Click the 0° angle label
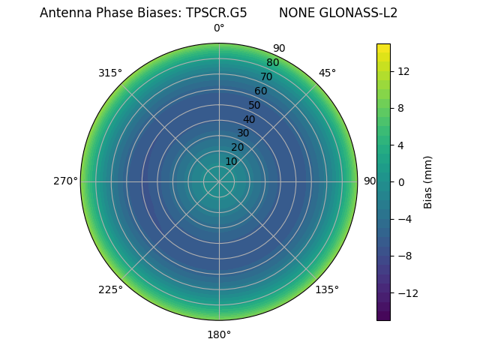click(x=219, y=28)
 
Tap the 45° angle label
click(x=327, y=73)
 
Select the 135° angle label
click(x=327, y=289)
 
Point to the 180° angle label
click(x=219, y=334)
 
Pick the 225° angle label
click(x=110, y=289)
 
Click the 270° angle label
click(x=65, y=181)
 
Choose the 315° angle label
click(x=110, y=73)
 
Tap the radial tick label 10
click(x=231, y=161)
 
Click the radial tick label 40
click(x=249, y=119)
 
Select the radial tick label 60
click(x=260, y=91)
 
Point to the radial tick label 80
click(x=272, y=63)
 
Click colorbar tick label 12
click(x=403, y=71)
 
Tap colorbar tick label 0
click(x=401, y=181)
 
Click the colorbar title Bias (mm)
click(x=428, y=181)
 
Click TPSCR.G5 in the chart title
click(x=216, y=13)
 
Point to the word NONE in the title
click(x=296, y=13)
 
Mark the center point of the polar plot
click(x=219, y=181)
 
